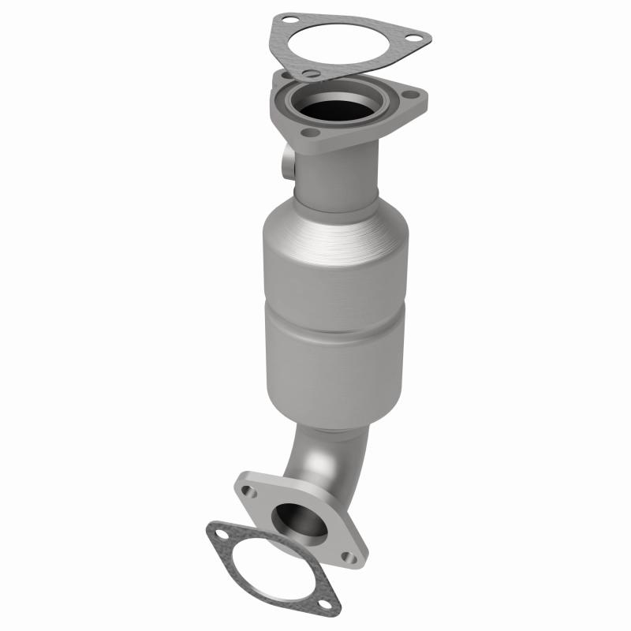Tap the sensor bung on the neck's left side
click(286, 165)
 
